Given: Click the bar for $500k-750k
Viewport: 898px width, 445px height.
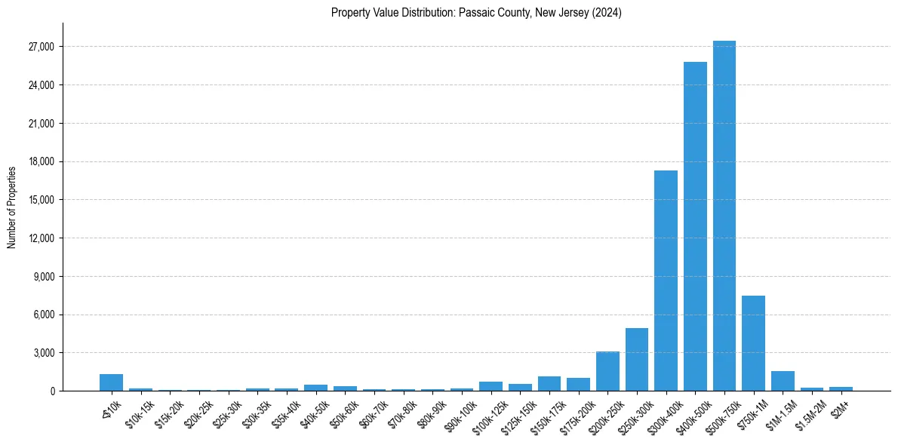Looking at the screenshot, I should [x=724, y=216].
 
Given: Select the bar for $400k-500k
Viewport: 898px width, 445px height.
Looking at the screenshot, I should [x=695, y=226].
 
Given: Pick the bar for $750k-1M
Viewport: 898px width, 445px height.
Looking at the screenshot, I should [x=753, y=343].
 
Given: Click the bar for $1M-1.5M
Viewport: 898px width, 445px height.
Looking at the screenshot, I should [x=783, y=381].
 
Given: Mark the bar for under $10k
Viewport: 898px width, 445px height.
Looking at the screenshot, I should [x=111, y=382].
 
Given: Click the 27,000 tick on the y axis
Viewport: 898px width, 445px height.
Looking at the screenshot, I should [x=40, y=47].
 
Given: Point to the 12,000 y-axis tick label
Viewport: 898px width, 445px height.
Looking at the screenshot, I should [x=40, y=238].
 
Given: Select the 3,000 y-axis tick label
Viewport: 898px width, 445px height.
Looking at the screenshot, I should [x=42, y=353].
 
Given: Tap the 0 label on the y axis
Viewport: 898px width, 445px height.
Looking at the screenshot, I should [x=51, y=391].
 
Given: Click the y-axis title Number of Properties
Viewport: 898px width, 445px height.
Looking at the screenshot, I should [x=11, y=207].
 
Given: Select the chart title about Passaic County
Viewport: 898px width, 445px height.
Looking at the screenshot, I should [x=476, y=13].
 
